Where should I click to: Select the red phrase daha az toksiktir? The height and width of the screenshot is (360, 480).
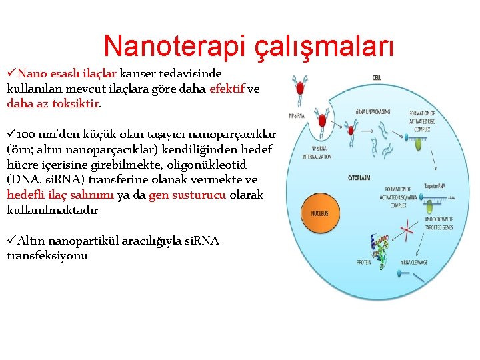54,103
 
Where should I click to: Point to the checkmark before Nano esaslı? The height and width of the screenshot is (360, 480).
11,72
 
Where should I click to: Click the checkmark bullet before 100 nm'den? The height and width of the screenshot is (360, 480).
11,134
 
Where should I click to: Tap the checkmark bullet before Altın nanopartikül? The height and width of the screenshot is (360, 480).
11,241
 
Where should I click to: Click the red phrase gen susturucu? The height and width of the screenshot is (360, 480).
187,195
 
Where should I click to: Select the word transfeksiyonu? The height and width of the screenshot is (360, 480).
47,256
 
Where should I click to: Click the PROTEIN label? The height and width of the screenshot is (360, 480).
364,262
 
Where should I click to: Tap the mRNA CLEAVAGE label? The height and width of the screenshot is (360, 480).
414,262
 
